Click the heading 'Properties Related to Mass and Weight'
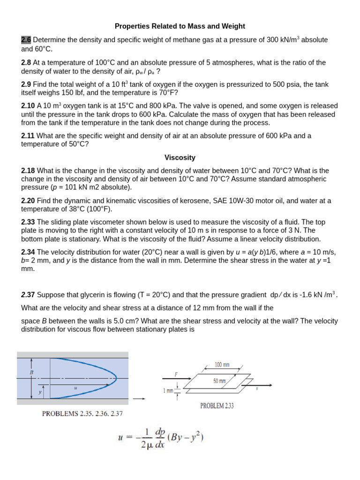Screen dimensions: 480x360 click(180, 26)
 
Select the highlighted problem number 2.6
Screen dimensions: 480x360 click(26, 40)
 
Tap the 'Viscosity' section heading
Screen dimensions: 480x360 click(180, 157)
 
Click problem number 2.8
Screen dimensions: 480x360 click(27, 62)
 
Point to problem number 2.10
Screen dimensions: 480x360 click(28, 106)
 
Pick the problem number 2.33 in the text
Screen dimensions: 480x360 click(28, 222)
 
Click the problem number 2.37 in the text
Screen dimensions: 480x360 click(28, 295)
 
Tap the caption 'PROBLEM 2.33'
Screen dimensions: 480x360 click(217, 406)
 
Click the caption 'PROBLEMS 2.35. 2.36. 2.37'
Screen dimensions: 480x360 click(82, 413)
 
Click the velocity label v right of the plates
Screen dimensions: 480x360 click(257, 389)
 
